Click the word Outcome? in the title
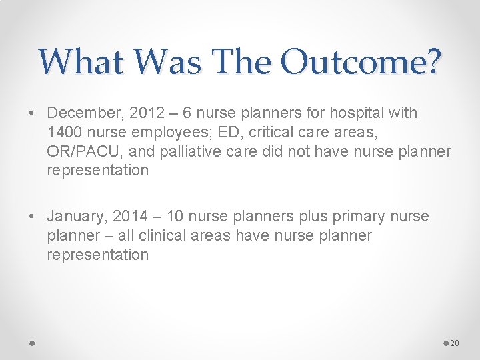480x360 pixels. click(361, 62)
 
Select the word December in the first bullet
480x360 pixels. click(81, 113)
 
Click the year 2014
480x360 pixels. click(132, 217)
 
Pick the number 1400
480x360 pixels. click(65, 132)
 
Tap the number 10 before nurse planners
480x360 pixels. click(175, 217)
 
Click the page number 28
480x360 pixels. click(455, 343)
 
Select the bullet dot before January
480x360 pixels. click(33, 217)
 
